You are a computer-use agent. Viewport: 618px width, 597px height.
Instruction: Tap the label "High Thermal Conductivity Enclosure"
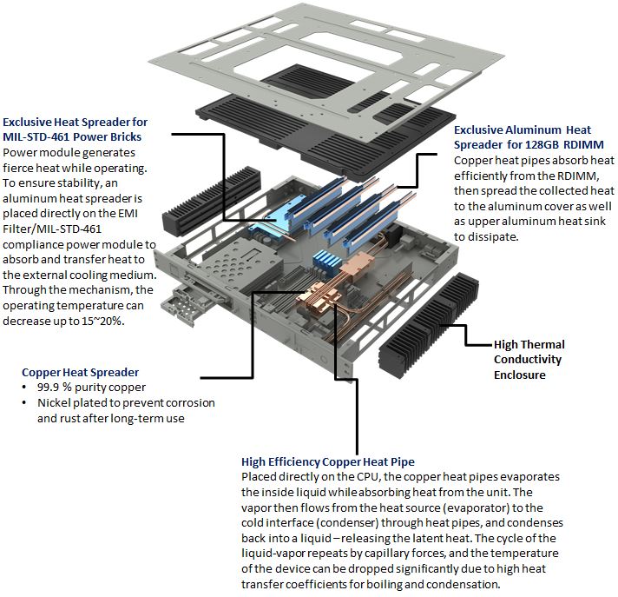coord(528,359)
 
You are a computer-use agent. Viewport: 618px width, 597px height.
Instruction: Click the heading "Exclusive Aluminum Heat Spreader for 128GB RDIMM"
coord(529,137)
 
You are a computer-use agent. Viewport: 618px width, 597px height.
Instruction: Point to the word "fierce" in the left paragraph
coord(22,167)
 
